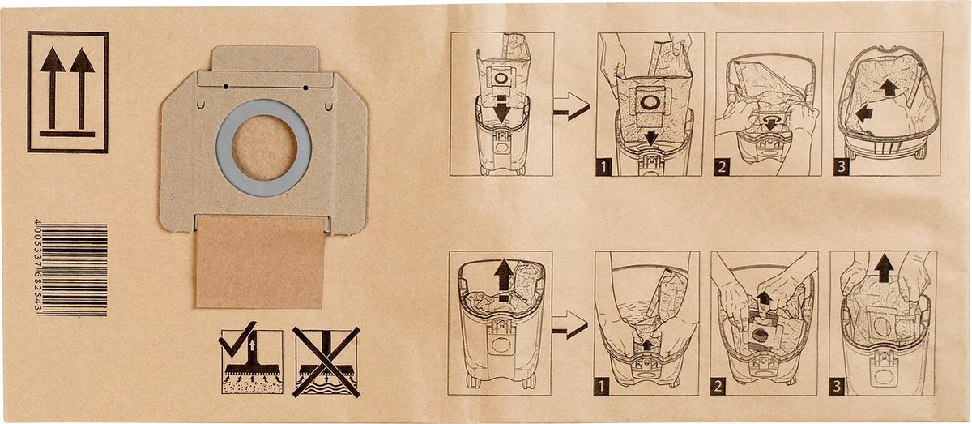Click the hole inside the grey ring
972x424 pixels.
[263, 147]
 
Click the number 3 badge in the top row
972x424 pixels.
[843, 168]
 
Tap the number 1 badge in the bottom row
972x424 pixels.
[603, 385]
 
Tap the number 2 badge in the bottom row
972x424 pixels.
[719, 385]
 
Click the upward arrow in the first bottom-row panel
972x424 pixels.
[504, 276]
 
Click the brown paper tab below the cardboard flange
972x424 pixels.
[259, 262]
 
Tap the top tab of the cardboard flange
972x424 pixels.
[264, 59]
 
